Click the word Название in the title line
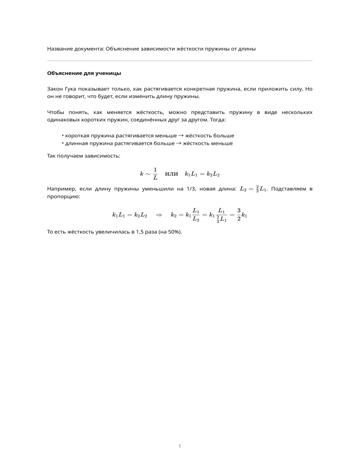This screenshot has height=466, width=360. coord(60,49)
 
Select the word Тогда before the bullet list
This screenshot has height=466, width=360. coord(216,120)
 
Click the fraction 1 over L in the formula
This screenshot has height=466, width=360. coord(155,173)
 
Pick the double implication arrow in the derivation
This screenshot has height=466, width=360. coord(158,215)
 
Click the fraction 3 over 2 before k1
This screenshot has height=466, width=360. coord(239,215)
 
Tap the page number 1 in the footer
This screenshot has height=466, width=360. coord(180,446)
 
